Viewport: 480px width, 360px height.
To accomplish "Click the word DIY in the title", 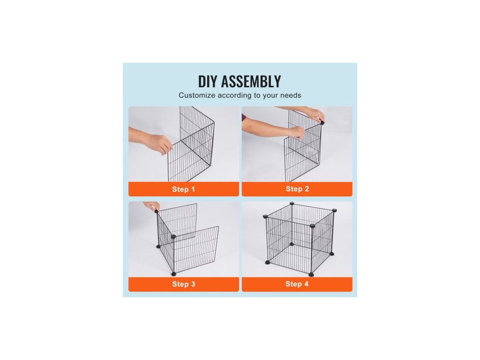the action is (208, 82).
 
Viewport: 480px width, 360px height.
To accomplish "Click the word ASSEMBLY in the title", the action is (251, 82).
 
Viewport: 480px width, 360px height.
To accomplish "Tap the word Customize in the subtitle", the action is (197, 95).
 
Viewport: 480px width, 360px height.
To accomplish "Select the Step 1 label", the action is (183, 189).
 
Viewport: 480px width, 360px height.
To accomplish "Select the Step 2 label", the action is (297, 189).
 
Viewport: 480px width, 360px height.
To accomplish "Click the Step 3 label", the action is (183, 284).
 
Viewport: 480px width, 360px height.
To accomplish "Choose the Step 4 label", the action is (297, 284).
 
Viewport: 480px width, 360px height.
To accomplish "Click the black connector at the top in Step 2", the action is (322, 123).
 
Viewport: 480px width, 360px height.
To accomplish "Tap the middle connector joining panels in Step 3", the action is (173, 237).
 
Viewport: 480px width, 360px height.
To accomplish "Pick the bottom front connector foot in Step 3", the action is (174, 274).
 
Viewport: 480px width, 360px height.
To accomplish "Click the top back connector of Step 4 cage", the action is (292, 203).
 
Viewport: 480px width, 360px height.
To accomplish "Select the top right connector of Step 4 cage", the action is (334, 210).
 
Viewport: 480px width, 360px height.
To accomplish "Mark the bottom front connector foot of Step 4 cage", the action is (311, 274).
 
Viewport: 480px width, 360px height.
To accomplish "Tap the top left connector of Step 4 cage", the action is (265, 217).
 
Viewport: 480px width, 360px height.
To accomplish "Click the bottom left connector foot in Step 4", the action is (268, 262).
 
